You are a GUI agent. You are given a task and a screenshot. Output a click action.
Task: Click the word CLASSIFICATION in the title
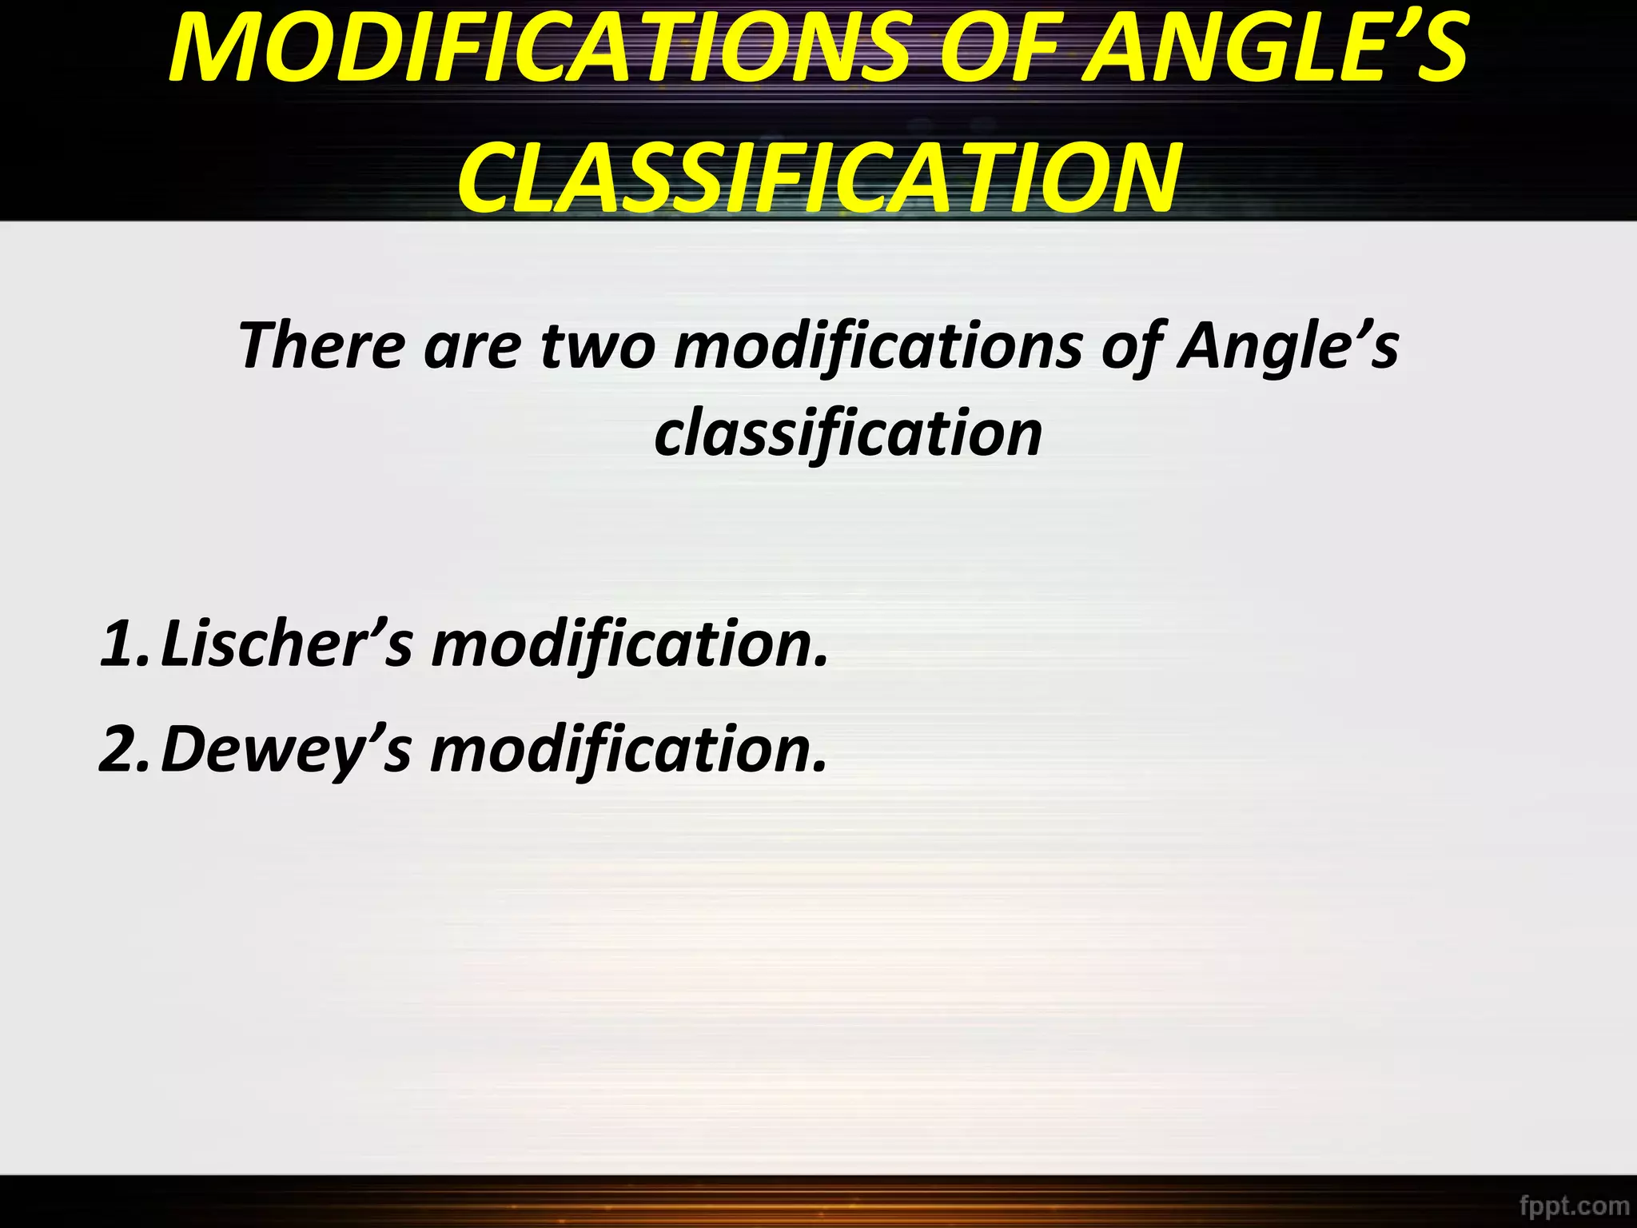(x=818, y=177)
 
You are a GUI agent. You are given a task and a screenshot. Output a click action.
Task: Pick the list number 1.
(x=119, y=643)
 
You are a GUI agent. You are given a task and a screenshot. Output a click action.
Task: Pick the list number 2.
(x=119, y=749)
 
